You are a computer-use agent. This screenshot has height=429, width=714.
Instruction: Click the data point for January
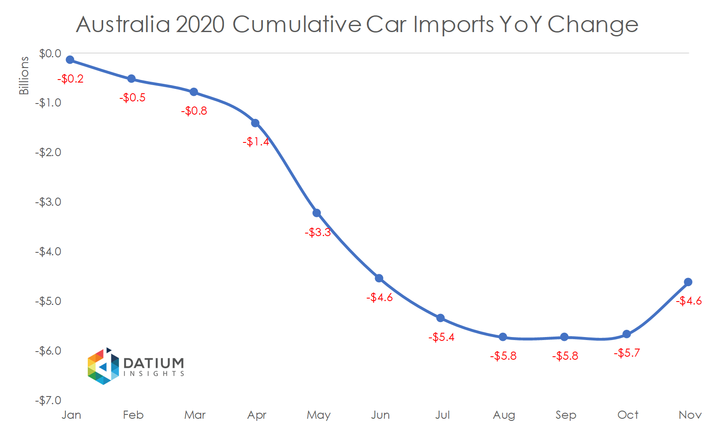click(x=70, y=60)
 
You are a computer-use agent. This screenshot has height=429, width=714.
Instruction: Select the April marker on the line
click(x=255, y=123)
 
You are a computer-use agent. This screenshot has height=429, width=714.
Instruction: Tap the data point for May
click(x=317, y=213)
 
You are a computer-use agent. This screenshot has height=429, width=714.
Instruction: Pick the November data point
click(x=688, y=282)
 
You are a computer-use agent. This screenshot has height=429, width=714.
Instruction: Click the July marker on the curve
click(x=440, y=318)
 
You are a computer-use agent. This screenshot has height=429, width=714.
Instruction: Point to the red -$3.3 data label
click(x=318, y=233)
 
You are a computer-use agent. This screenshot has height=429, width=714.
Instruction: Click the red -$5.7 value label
click(x=627, y=353)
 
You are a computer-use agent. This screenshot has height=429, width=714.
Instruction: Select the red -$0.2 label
click(x=71, y=79)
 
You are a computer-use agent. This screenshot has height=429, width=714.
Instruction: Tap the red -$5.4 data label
click(x=441, y=337)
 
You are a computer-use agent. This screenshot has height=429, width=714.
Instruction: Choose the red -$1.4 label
click(x=256, y=142)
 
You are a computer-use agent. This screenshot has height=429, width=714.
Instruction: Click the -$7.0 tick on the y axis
click(x=48, y=401)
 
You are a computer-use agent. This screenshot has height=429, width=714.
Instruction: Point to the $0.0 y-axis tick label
click(x=50, y=54)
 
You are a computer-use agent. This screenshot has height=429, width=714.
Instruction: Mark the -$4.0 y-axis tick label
click(x=48, y=252)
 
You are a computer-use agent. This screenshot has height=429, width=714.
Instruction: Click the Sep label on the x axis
click(x=565, y=415)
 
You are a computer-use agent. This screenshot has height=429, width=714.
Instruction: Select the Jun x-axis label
click(x=380, y=415)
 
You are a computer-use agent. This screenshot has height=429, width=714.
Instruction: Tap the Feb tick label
click(x=133, y=415)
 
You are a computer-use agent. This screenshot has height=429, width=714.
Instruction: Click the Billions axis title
click(x=24, y=76)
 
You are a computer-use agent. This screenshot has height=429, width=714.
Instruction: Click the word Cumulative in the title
click(x=297, y=24)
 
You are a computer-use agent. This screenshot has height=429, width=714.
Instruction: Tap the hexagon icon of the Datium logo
click(x=103, y=367)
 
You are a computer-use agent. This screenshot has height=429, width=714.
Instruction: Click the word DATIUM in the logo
click(x=154, y=363)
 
